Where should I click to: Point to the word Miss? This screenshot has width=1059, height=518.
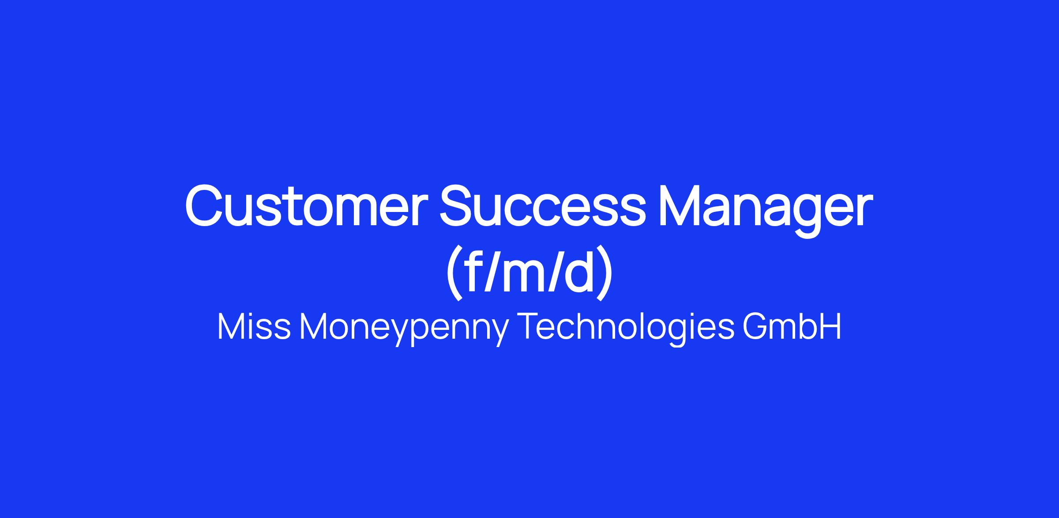coord(254,327)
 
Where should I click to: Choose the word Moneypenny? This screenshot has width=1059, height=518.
coord(404,329)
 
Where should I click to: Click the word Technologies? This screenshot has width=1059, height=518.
coord(628,329)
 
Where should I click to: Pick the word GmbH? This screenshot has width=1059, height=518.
coord(792,327)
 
